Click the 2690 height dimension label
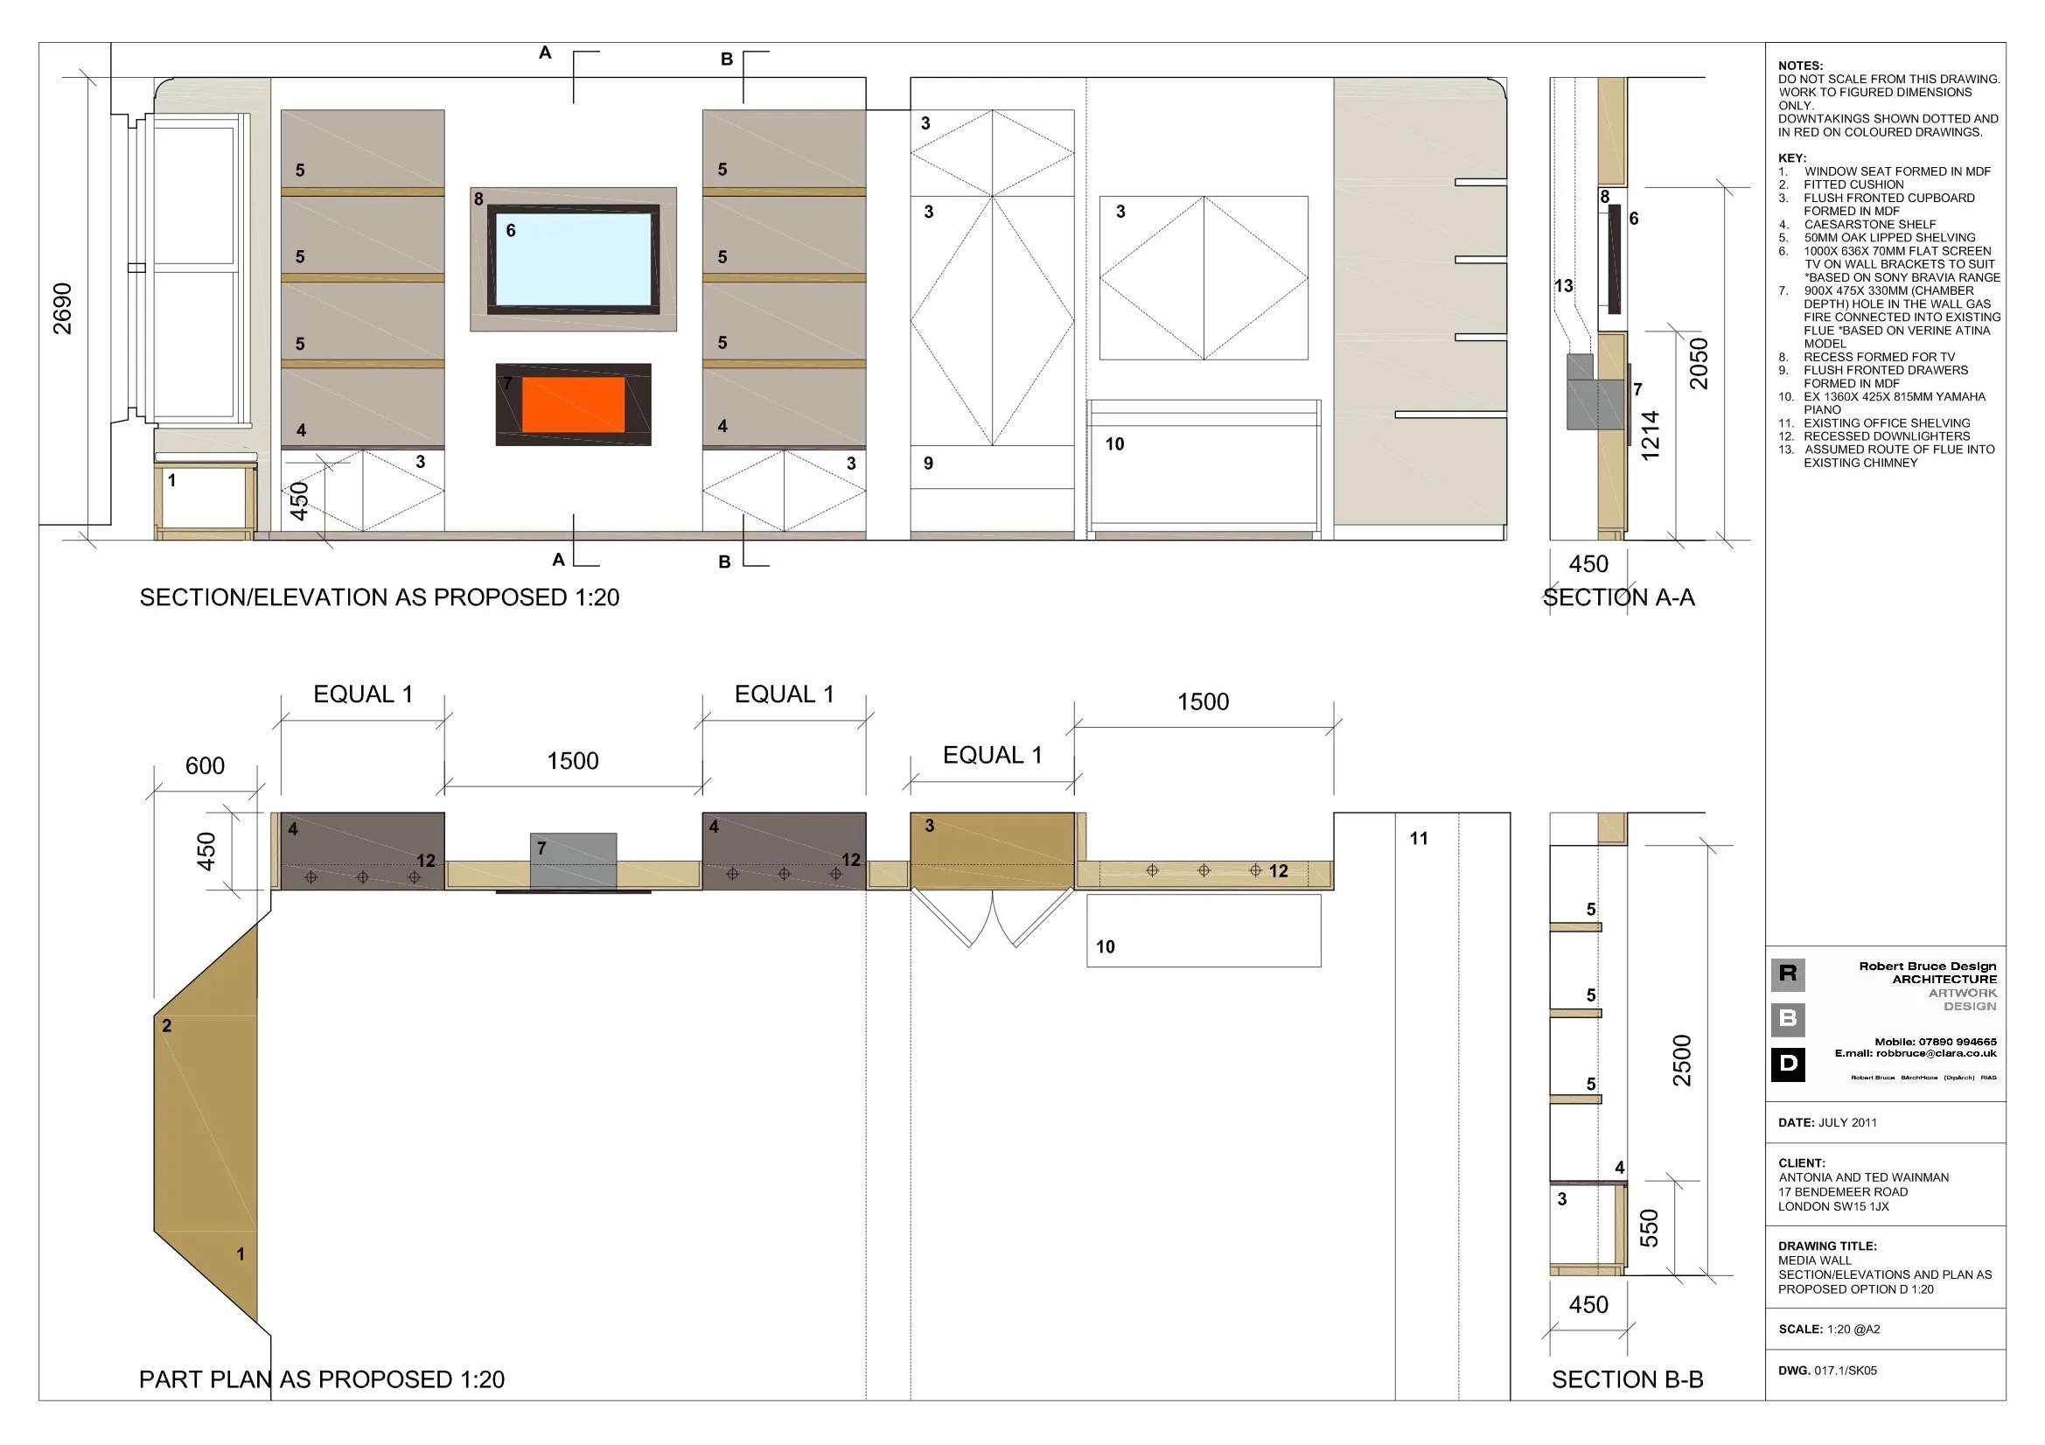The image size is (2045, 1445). point(62,308)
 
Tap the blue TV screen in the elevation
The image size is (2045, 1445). point(574,260)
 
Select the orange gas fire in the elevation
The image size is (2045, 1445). point(574,404)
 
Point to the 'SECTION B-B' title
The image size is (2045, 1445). point(1626,1379)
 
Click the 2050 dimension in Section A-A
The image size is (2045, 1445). point(1699,364)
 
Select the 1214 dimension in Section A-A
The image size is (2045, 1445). point(1651,436)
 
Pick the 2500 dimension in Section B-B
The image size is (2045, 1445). point(1681,1060)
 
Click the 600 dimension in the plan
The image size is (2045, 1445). point(205,766)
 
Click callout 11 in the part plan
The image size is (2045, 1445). point(1419,838)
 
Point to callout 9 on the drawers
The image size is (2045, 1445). point(928,464)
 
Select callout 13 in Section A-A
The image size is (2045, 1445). point(1563,286)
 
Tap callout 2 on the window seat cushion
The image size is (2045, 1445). point(166,1026)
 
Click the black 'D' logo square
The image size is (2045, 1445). point(1788,1064)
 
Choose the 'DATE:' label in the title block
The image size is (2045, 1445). point(1796,1122)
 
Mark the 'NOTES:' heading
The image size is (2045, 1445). point(1800,66)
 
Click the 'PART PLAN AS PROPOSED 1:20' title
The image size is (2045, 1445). point(322,1379)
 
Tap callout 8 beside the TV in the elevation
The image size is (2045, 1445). point(479,199)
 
